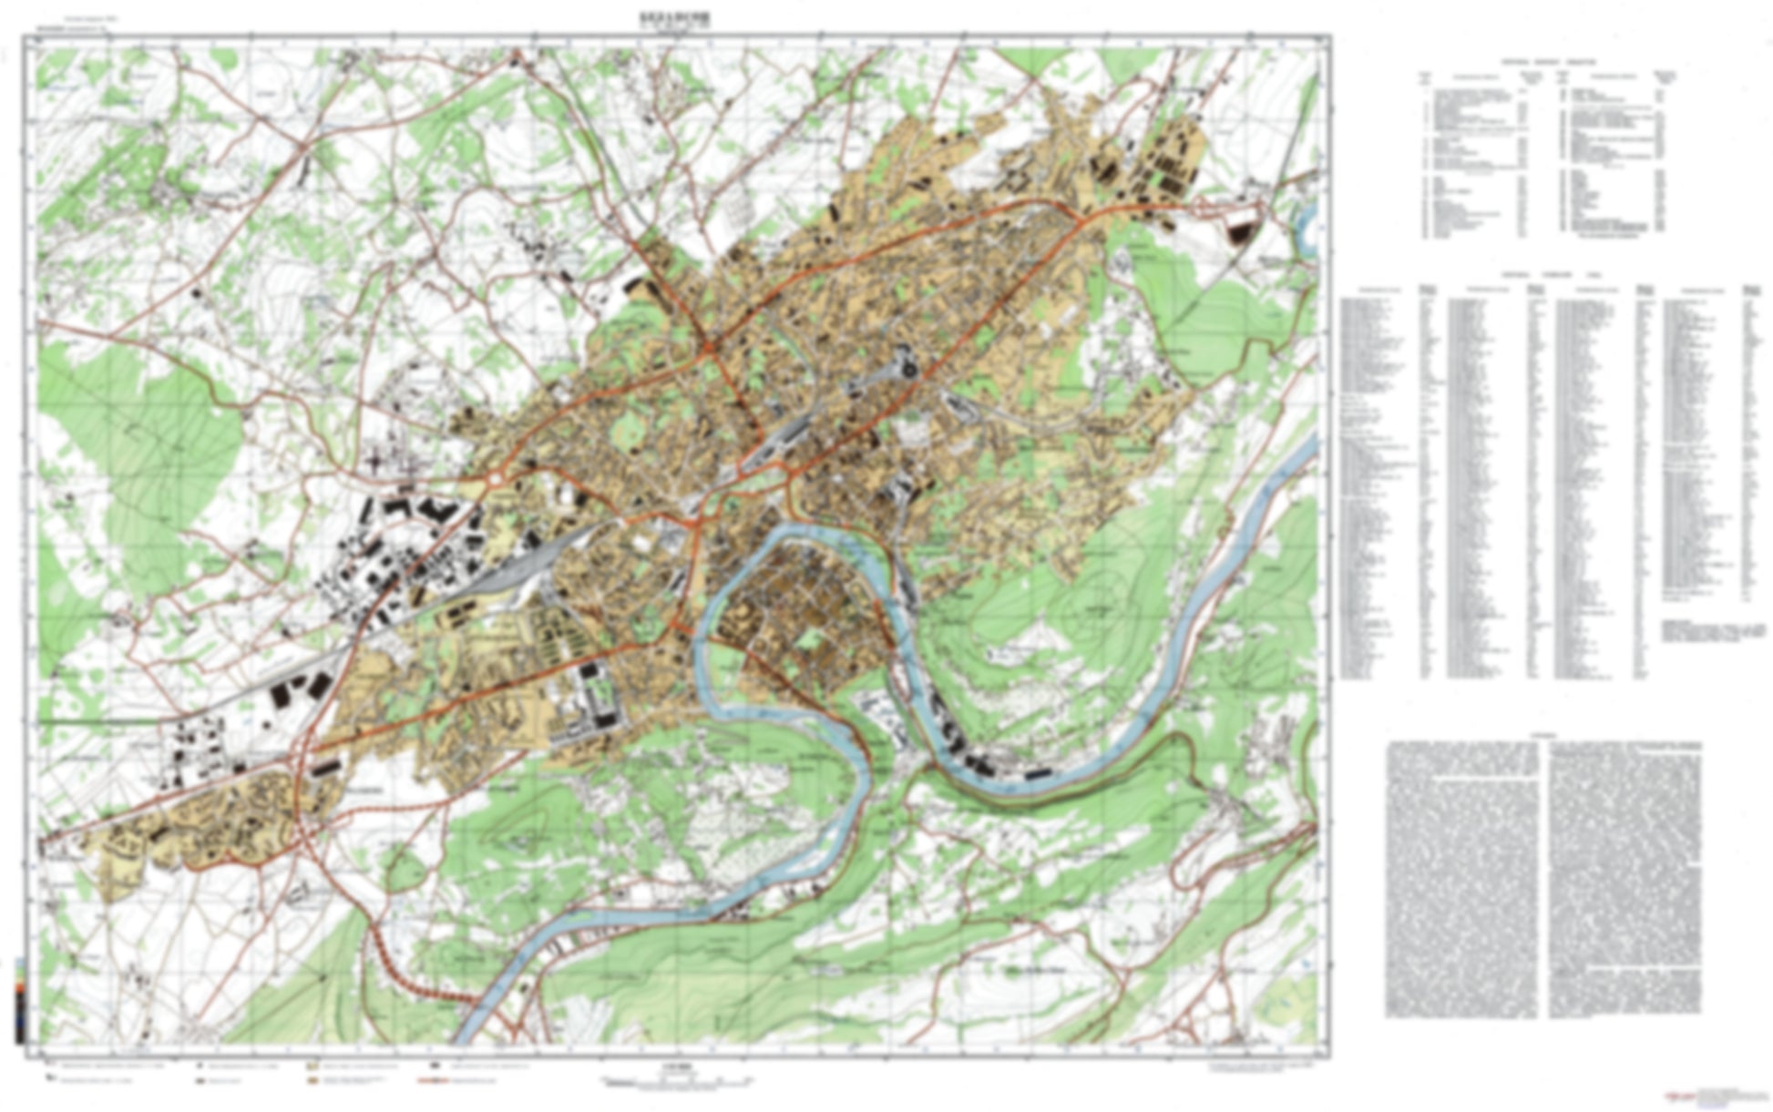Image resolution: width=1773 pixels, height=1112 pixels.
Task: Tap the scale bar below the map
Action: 675,1081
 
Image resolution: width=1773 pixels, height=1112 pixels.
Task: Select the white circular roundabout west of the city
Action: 495,478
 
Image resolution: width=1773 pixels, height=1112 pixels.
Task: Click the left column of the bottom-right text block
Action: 1460,879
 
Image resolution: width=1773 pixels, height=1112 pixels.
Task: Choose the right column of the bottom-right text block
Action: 1624,879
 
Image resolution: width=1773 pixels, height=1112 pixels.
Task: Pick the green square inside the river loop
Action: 806,638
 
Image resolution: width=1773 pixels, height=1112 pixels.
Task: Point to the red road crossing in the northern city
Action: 709,346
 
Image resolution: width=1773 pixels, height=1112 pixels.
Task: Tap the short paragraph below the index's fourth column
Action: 1713,631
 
